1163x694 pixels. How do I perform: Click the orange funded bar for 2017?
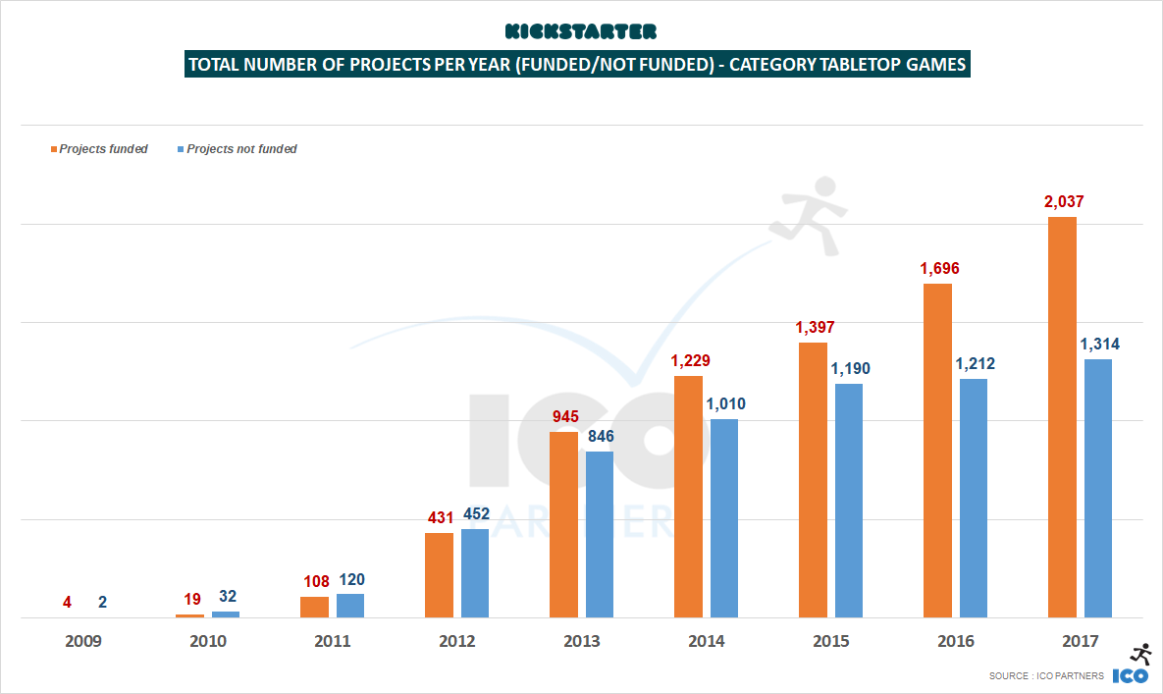point(1062,417)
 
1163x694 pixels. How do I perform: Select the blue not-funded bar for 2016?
point(973,498)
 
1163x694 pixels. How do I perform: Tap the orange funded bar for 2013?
point(563,524)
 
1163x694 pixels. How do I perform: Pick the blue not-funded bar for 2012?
point(475,573)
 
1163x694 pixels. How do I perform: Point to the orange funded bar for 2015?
point(813,480)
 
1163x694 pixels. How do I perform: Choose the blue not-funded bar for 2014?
point(723,518)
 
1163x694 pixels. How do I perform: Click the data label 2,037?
point(1062,202)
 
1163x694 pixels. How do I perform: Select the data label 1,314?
point(1099,345)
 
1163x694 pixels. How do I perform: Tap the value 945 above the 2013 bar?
point(563,417)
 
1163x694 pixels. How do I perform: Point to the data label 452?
point(476,514)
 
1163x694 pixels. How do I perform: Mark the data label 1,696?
point(937,269)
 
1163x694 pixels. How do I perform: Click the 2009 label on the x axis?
point(82,641)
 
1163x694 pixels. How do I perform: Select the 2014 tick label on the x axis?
point(706,641)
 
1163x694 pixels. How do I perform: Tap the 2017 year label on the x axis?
point(1080,641)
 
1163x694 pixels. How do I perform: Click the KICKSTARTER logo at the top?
point(580,31)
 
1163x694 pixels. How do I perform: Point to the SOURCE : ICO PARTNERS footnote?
point(1045,676)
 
